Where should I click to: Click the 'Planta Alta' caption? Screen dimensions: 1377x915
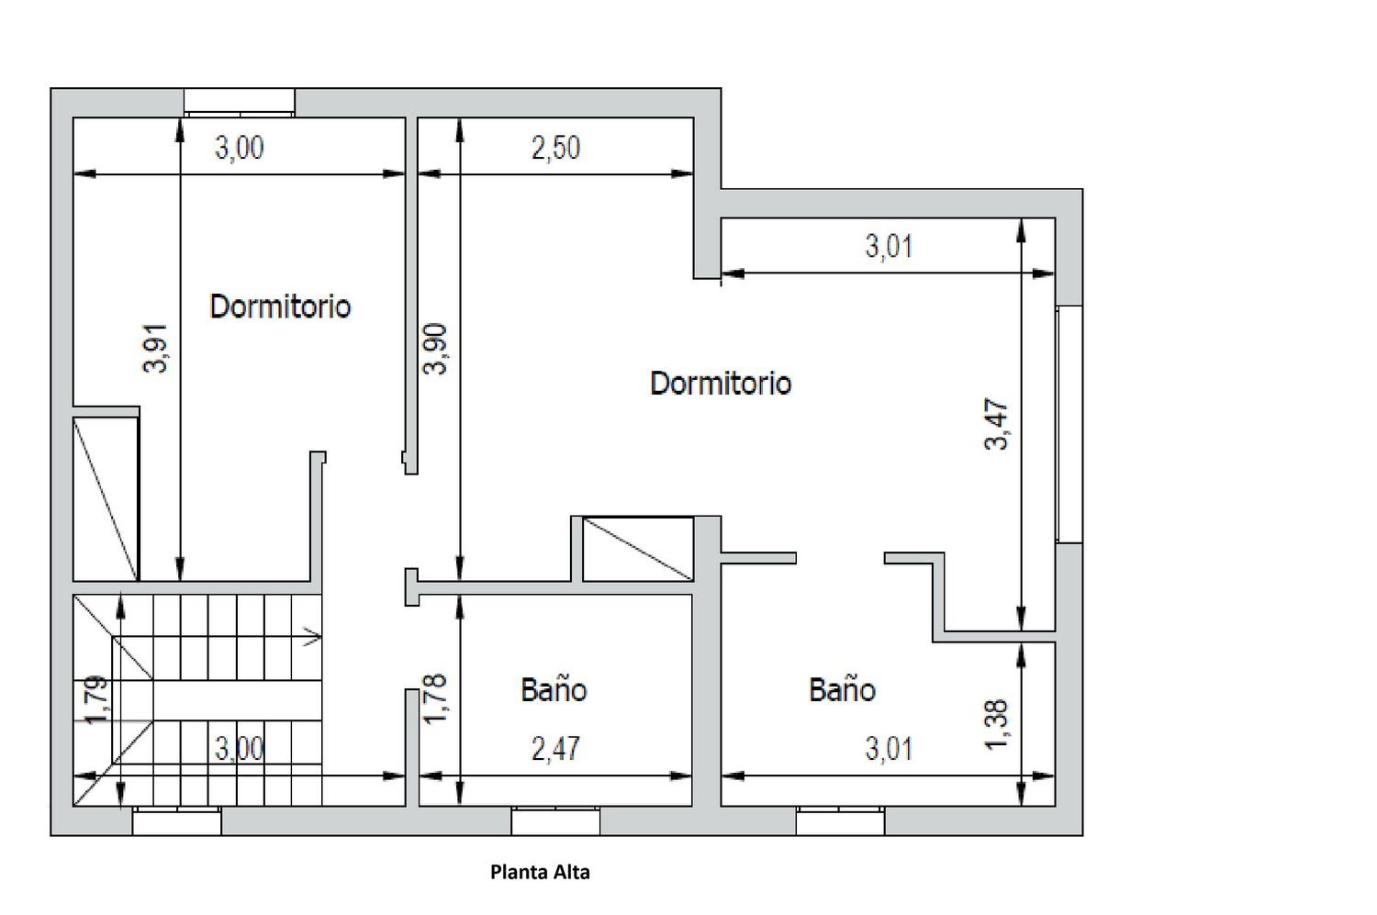coord(540,872)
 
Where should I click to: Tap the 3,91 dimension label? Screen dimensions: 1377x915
coord(155,348)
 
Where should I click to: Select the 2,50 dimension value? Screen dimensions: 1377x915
coord(555,148)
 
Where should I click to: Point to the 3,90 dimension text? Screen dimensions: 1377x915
coord(435,349)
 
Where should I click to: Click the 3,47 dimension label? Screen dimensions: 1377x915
coord(996,424)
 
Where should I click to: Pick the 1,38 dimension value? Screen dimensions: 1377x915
coord(996,725)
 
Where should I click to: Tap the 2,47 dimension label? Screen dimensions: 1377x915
coord(555,749)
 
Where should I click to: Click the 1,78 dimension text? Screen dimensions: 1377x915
coord(435,698)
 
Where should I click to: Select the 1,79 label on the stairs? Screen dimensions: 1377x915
coord(96,700)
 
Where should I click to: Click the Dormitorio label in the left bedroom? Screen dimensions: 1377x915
coord(280,306)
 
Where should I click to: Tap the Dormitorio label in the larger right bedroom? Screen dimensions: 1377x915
coord(721,383)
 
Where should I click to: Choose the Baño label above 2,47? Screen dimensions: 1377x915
coord(554,689)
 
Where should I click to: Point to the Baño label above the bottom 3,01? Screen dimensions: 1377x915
coord(842,689)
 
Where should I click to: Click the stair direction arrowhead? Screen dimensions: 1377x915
coord(313,637)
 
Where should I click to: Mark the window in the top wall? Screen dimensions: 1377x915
coord(239,102)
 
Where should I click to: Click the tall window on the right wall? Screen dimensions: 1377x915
coord(1069,424)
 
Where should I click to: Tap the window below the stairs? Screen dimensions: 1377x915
coord(177,821)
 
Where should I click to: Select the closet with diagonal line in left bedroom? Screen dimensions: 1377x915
coord(106,498)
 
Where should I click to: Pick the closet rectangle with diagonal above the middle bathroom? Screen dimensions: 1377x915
coord(638,549)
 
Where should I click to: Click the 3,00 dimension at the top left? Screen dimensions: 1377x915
coord(239,148)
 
